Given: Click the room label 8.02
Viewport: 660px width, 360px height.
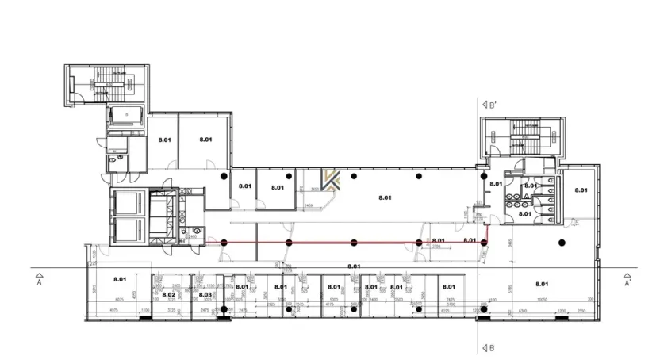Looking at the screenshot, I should pyautogui.click(x=167, y=295).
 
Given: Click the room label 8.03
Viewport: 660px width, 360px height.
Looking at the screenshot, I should pyautogui.click(x=205, y=295).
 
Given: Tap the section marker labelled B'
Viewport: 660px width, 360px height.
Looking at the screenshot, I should pyautogui.click(x=489, y=105).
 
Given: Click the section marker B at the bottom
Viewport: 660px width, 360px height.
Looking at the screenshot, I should pyautogui.click(x=489, y=347).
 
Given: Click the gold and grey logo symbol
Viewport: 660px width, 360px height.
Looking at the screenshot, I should pyautogui.click(x=332, y=180).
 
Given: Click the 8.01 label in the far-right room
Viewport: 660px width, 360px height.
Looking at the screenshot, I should pyautogui.click(x=581, y=190).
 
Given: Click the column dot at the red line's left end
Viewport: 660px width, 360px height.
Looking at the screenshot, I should pyautogui.click(x=224, y=242).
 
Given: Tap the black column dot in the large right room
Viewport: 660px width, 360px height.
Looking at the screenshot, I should pyautogui.click(x=562, y=242).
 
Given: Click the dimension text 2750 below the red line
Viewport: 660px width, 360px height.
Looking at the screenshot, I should pyautogui.click(x=436, y=247).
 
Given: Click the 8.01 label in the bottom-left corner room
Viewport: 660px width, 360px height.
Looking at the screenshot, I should pyautogui.click(x=120, y=279).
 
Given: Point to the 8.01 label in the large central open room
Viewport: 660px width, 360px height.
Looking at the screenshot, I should pyautogui.click(x=386, y=197).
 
